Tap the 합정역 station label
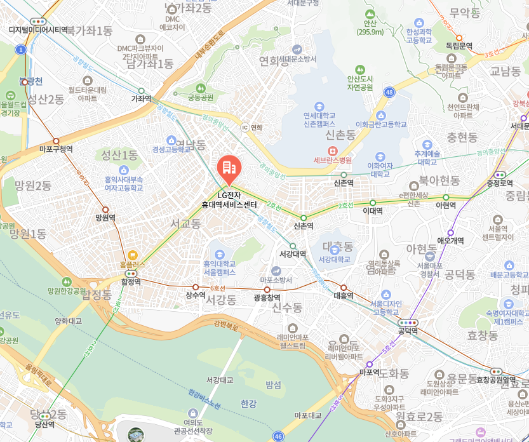pos(131,281)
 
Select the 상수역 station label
pos(196,295)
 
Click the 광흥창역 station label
pos(267,297)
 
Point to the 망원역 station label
pos(105,217)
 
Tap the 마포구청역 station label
pos(56,149)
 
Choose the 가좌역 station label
pos(141,99)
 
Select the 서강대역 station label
pos(293,254)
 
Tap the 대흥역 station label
pos(343,296)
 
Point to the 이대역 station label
pos(375,210)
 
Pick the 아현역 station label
pos(446,206)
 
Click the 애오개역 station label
pos(451,241)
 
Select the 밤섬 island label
pos(274,385)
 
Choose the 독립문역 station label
pos(459,46)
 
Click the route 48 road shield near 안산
pos(389,93)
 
